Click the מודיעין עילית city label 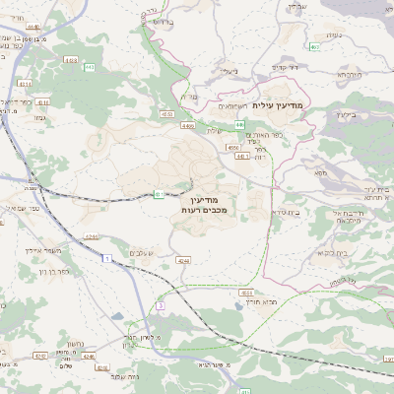click(280, 103)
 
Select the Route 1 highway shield click(106, 257)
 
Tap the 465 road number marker click(313, 46)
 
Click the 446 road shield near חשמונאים click(239, 124)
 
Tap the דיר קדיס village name click(293, 67)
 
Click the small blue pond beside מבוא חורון click(242, 305)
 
